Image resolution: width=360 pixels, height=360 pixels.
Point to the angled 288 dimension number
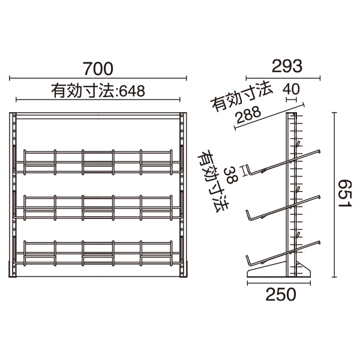point(248,118)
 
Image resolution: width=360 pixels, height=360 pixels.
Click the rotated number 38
point(229,174)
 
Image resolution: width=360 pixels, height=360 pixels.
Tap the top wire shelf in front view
point(98,160)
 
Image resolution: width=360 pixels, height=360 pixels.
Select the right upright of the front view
point(183,195)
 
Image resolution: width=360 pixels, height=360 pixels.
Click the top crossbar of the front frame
point(98,115)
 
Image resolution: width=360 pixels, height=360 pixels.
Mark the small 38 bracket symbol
point(244,169)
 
